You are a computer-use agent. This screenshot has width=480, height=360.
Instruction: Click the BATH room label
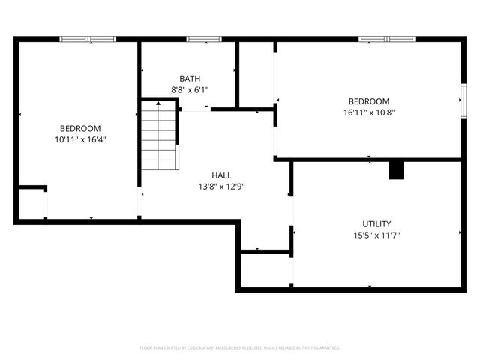pos(190,79)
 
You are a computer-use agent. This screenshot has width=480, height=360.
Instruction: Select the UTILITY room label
pos(376,224)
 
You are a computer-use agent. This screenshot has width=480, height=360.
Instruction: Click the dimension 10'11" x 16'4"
pos(80,139)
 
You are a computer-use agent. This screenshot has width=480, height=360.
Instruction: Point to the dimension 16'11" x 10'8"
pos(368,112)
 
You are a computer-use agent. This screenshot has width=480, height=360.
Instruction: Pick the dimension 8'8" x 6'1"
pos(190,89)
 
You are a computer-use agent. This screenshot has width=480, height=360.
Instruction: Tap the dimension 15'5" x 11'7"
pos(376,235)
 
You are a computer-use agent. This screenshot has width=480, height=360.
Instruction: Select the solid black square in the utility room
pos(396,170)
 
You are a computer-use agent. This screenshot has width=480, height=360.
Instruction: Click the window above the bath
pos(199,39)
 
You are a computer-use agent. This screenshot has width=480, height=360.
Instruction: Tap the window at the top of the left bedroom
pos(88,39)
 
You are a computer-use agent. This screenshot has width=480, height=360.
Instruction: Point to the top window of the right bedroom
pos(386,39)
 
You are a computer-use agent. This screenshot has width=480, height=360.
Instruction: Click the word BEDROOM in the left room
pos(80,128)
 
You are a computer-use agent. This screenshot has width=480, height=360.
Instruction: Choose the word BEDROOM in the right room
pos(368,101)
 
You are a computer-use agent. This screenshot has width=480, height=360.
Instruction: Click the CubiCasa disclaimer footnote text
pos(240,348)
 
